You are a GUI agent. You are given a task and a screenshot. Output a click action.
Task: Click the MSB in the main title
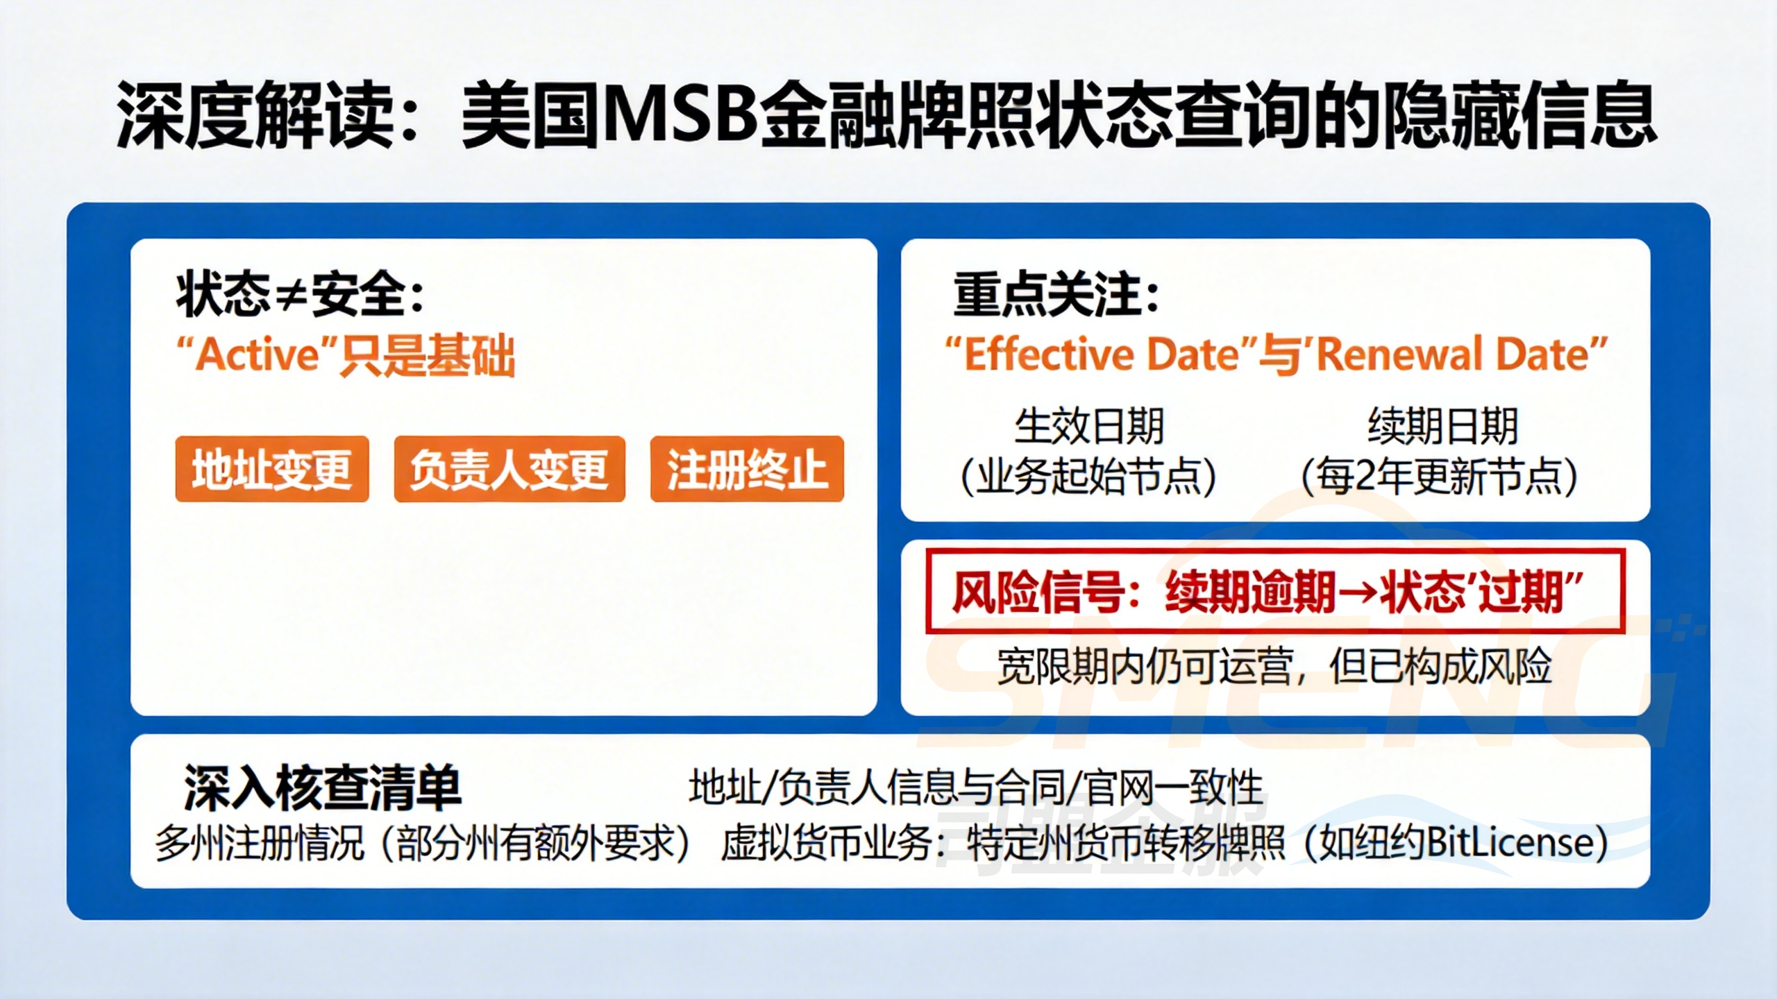[x=680, y=114]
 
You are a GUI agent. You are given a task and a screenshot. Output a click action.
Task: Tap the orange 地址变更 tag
[x=272, y=469]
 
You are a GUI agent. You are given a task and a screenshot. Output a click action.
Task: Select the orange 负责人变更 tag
[x=509, y=469]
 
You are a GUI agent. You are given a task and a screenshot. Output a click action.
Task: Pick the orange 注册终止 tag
[x=747, y=469]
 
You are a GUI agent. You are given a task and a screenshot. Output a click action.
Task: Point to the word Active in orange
[x=258, y=355]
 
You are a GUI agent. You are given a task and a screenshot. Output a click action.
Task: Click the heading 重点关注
[x=1055, y=295]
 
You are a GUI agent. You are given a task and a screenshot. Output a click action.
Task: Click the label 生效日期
[x=1088, y=425]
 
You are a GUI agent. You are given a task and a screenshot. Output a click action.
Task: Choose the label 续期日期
[x=1442, y=425]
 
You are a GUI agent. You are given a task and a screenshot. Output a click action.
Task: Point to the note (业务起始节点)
[x=1088, y=477]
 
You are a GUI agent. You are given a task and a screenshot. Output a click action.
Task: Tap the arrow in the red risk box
[x=1358, y=592]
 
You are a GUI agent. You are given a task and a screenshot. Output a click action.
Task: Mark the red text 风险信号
[x=1038, y=592]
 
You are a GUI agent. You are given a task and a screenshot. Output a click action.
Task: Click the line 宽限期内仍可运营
[x=1145, y=667]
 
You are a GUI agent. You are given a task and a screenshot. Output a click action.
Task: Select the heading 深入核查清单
[x=323, y=788]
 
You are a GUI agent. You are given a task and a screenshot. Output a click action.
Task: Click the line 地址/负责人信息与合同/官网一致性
[x=975, y=788]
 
